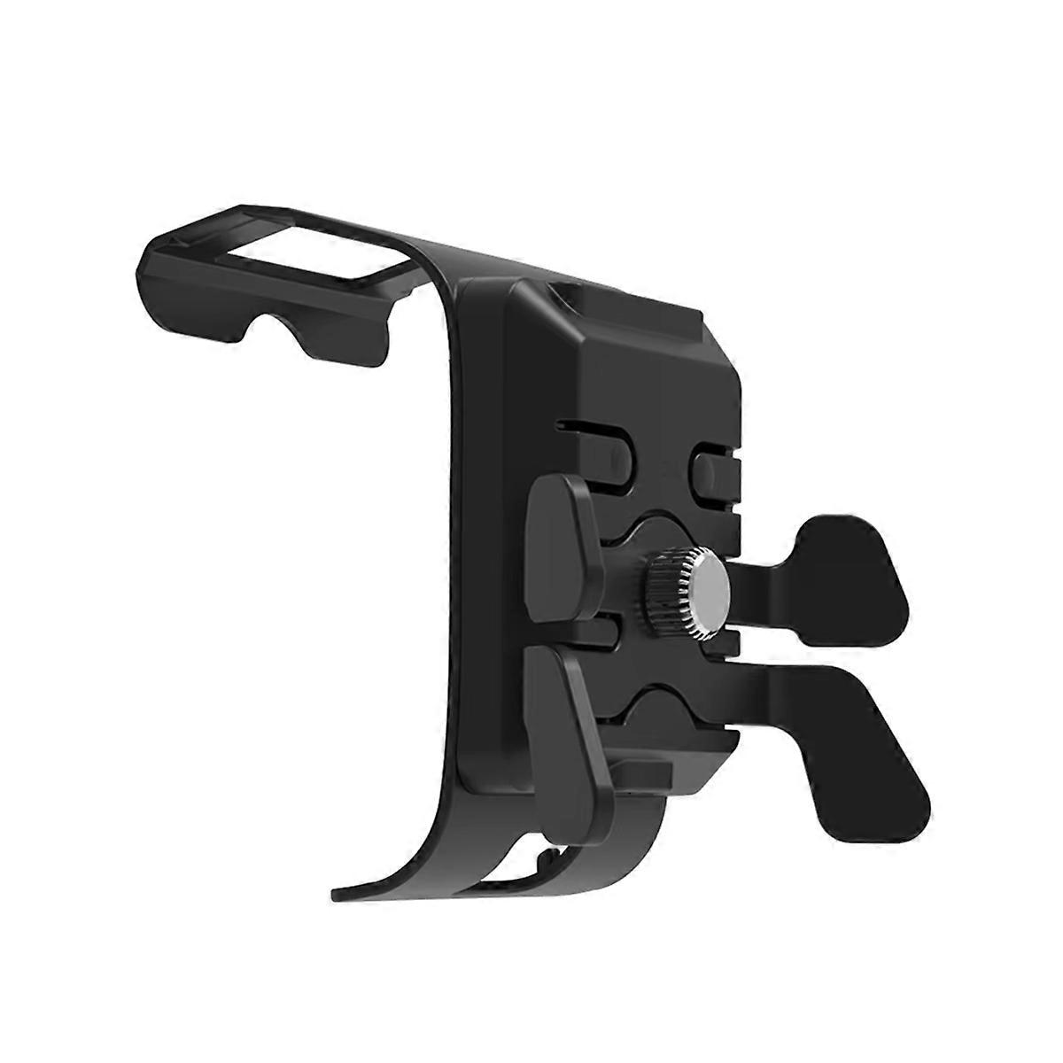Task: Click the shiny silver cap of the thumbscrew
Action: point(706,593)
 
